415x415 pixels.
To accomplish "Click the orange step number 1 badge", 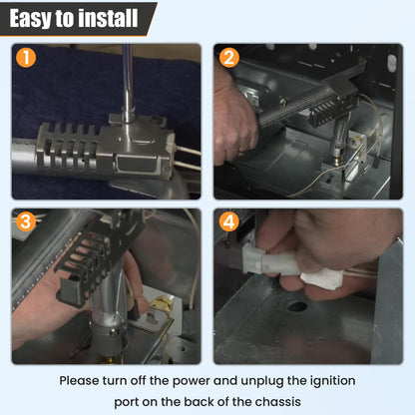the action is [x=26, y=57].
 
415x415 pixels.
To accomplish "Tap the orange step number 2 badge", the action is [x=228, y=57].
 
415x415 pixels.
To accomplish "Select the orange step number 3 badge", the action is [x=26, y=221].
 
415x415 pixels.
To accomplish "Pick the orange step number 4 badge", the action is [x=228, y=221].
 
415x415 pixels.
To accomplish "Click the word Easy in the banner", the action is [x=31, y=19].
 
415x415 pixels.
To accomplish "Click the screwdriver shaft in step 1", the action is [x=128, y=82].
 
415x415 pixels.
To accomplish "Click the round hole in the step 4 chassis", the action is [x=296, y=306].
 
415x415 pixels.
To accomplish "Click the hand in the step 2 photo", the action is [x=234, y=123].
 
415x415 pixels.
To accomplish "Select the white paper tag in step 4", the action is [x=321, y=278].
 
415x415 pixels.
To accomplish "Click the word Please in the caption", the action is [x=80, y=381].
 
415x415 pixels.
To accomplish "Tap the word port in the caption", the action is [x=126, y=402].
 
